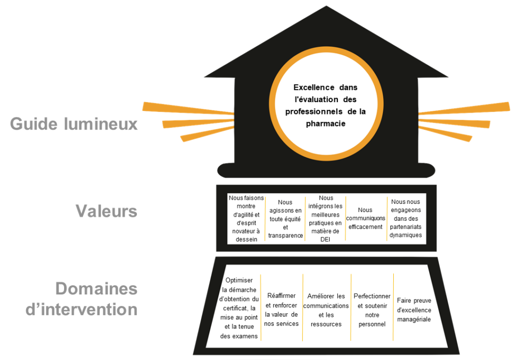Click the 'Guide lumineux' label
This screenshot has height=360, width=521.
74,124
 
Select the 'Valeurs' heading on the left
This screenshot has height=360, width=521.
106,211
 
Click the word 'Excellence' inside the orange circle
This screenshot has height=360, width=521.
314,87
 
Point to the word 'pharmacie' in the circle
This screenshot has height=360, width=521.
326,123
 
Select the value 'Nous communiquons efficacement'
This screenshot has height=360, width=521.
365,218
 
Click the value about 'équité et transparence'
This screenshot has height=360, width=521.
285,219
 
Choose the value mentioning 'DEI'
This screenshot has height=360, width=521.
326,218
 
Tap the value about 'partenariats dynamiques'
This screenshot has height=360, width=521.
406,218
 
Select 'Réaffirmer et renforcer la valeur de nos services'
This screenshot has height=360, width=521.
281,309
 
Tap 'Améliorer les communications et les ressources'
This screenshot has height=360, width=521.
326,310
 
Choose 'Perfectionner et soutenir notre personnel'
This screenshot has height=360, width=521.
372,310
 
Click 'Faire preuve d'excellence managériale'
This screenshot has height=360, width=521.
414,310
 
